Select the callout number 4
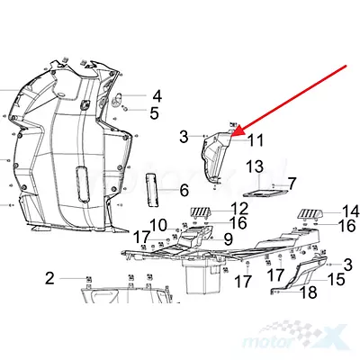pos(157,96)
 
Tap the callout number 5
pos(154,113)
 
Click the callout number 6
pos(184,190)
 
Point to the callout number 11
pos(256,140)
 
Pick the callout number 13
pos(255,166)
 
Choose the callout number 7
pos(292,183)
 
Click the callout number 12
pos(239,209)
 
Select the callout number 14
pos(350,211)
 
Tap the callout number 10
pos(158,225)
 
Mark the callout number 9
pos(228,239)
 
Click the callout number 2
pos(49,278)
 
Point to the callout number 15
pos(336,279)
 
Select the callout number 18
pos(308,292)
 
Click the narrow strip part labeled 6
pos(152,190)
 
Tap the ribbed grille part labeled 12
pos(199,214)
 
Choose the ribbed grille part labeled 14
pos(310,215)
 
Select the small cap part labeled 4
pos(117,99)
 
